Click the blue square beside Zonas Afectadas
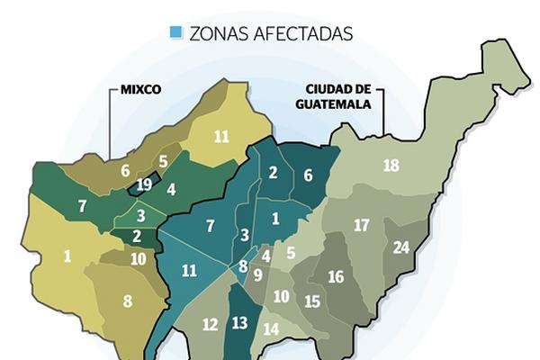(x=175, y=33)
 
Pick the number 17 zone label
(x=362, y=225)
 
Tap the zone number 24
(x=401, y=247)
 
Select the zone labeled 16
(x=336, y=276)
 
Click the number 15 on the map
(x=312, y=301)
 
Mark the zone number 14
(x=271, y=329)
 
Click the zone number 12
(x=209, y=325)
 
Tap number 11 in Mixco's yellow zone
(x=221, y=137)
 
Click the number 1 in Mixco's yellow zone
(x=67, y=256)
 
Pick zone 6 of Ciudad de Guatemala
(x=307, y=177)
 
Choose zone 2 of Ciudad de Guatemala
(x=273, y=175)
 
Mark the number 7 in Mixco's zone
(x=82, y=206)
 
